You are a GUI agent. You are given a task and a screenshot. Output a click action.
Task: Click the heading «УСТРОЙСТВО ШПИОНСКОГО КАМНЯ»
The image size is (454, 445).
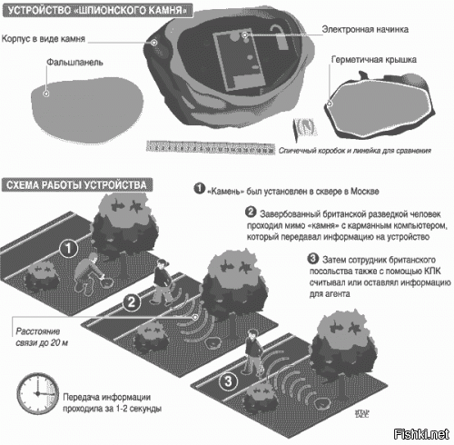click(x=97, y=10)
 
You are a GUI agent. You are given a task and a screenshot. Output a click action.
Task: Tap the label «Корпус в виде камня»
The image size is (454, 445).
click(x=44, y=39)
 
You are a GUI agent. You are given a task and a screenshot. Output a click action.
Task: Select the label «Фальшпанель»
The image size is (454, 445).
click(x=74, y=63)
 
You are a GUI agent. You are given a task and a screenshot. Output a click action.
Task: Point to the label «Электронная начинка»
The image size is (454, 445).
click(x=365, y=29)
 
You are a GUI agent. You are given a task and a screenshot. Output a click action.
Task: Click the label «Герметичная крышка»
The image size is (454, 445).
click(x=374, y=60)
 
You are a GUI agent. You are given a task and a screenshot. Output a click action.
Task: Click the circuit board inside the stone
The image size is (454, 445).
click(x=240, y=61)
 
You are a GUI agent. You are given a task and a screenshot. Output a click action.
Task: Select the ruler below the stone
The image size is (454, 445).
click(x=211, y=148)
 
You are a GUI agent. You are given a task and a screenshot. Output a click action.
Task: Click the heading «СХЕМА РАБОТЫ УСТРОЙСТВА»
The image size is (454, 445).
click(x=77, y=185)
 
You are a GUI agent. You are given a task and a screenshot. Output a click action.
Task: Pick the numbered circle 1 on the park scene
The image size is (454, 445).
click(x=69, y=248)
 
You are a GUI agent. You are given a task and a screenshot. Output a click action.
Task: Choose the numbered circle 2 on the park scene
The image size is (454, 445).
click(x=132, y=302)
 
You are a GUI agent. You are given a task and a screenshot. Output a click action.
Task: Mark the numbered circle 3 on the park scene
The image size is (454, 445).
click(x=229, y=381)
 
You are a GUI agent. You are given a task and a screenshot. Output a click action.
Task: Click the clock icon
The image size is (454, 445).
click(x=38, y=393)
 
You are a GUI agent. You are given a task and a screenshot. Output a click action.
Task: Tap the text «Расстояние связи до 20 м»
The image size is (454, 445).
click(x=42, y=337)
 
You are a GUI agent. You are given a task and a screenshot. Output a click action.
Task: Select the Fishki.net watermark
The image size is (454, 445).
click(x=421, y=434)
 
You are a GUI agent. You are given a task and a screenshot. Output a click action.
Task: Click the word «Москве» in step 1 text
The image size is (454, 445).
click(x=365, y=192)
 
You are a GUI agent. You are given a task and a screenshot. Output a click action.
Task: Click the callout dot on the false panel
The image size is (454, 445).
click(x=46, y=94)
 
